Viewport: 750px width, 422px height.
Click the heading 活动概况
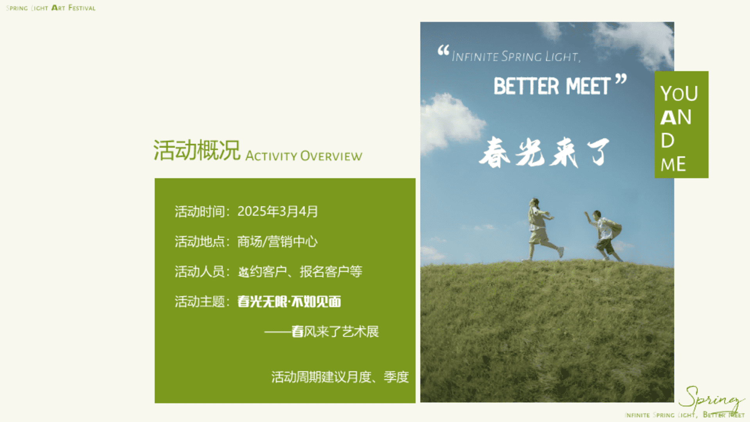click(x=196, y=150)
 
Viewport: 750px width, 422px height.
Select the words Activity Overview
click(x=304, y=156)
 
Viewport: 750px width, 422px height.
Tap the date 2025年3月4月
click(x=278, y=211)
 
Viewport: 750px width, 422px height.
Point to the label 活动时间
click(x=199, y=211)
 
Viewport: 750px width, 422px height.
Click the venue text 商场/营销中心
click(x=277, y=241)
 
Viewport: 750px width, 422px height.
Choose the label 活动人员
click(x=199, y=272)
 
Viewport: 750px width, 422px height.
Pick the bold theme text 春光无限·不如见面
click(x=289, y=302)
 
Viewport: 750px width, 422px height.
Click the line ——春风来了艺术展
click(x=321, y=332)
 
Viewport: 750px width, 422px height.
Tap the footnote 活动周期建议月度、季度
click(x=340, y=377)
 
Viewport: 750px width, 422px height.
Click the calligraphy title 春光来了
click(x=545, y=152)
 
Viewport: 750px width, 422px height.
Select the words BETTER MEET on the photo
click(x=552, y=86)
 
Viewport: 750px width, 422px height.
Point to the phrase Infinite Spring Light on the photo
click(x=516, y=57)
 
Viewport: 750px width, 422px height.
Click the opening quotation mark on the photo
click(x=443, y=50)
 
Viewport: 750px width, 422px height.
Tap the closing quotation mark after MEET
click(x=621, y=79)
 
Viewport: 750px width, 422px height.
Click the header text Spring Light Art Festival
click(x=51, y=8)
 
